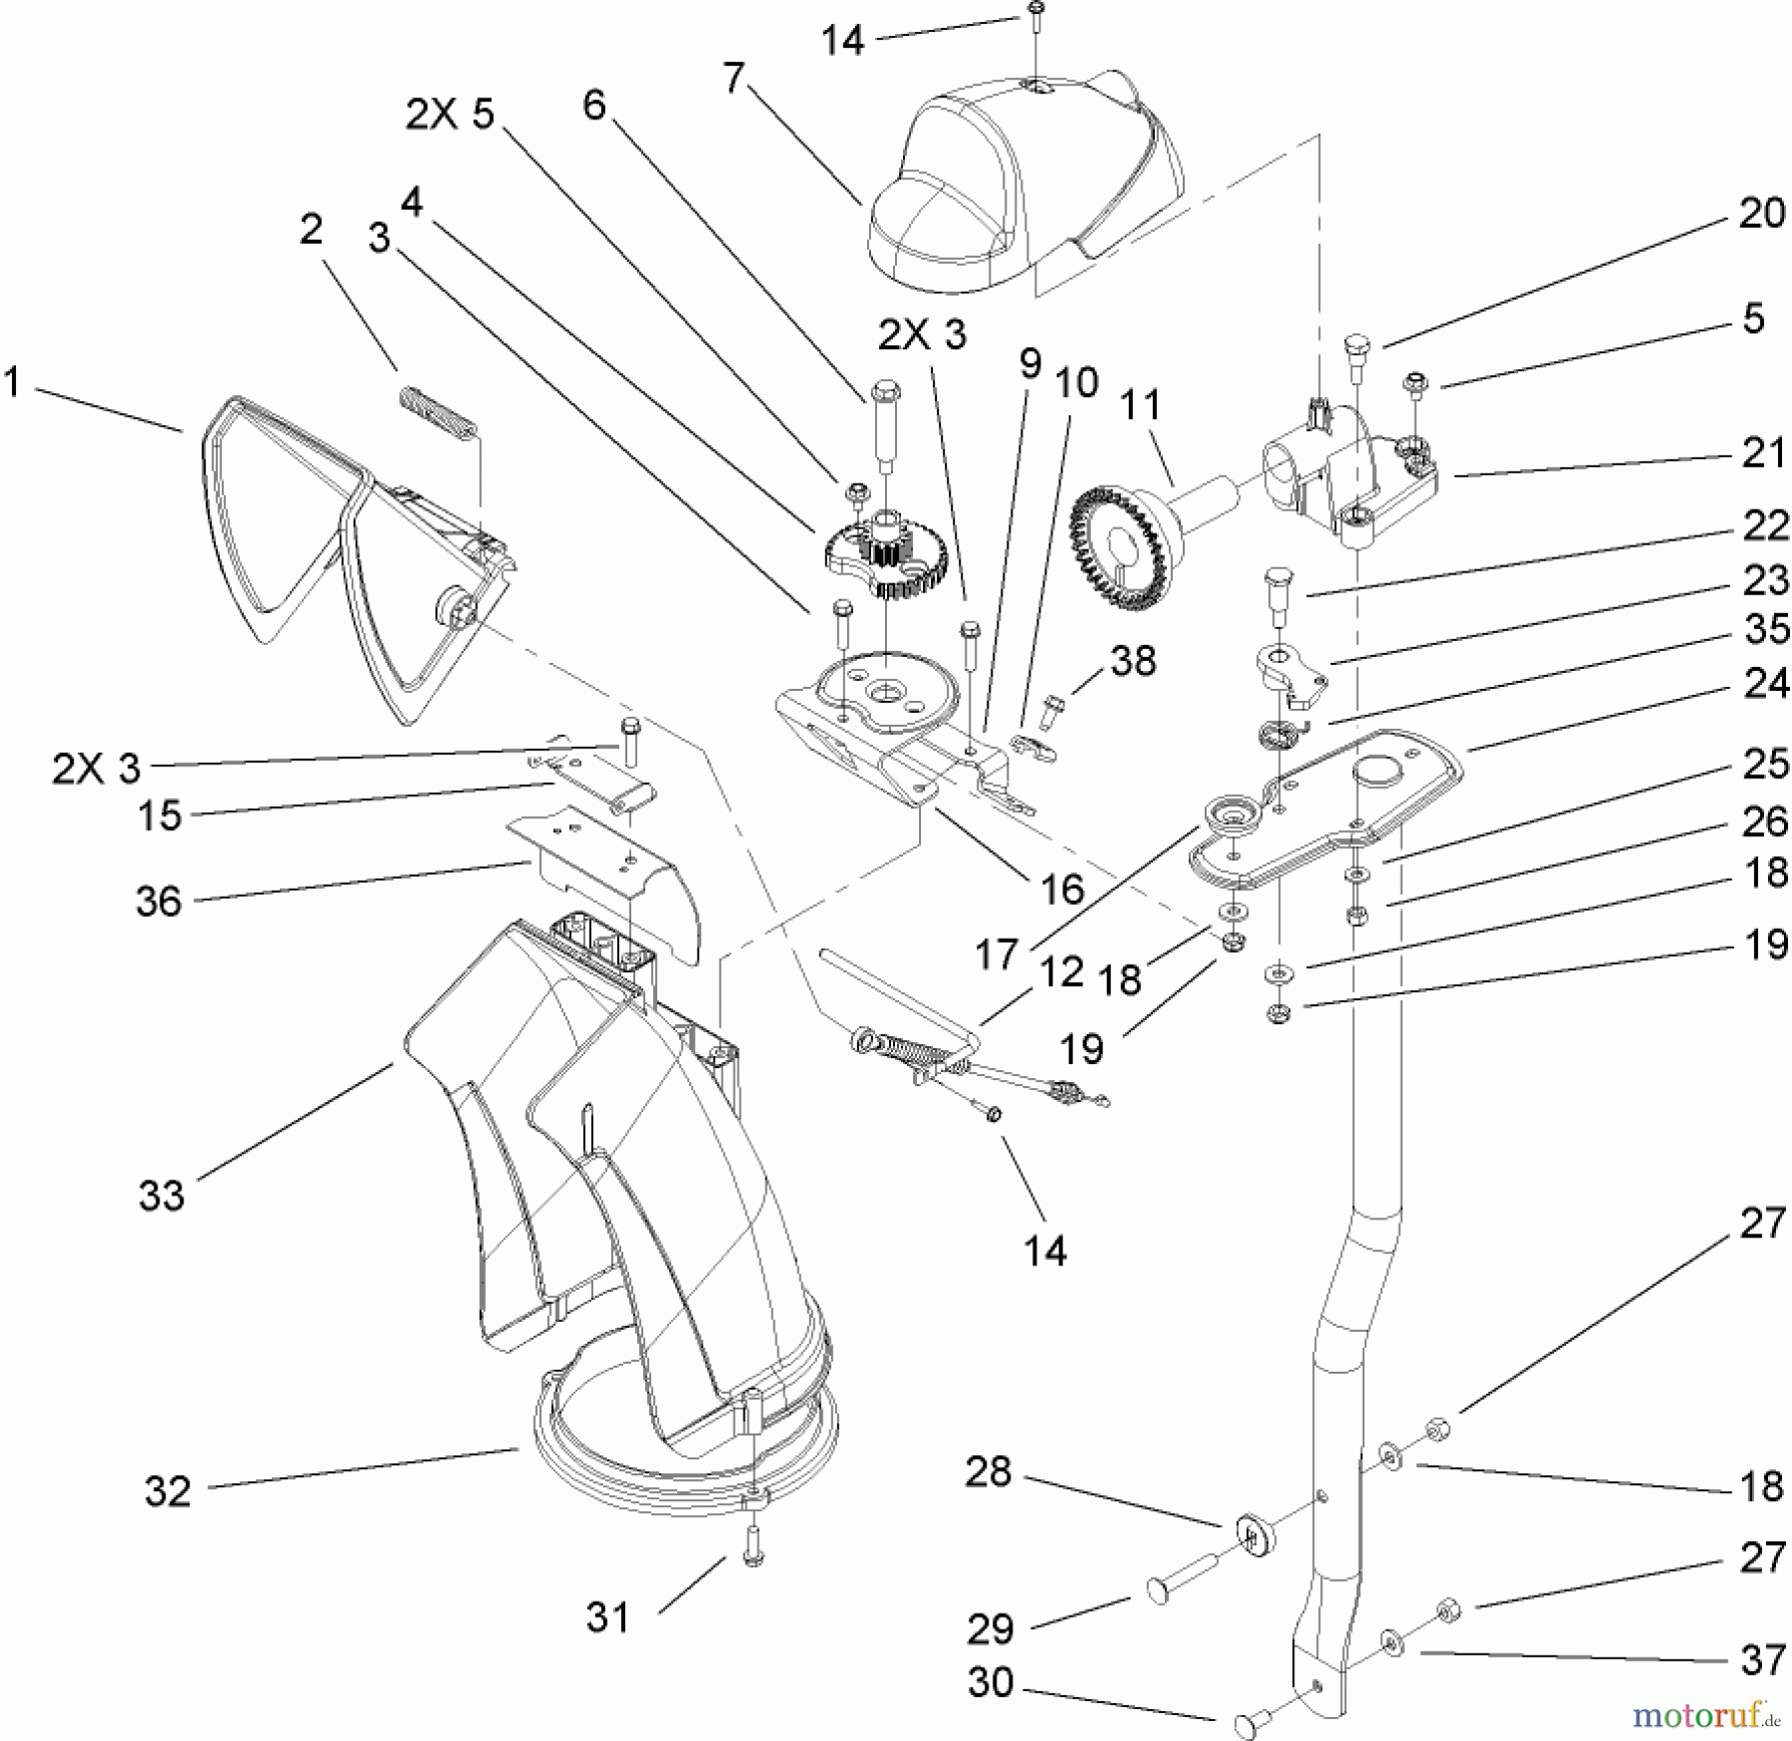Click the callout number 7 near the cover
point(734,78)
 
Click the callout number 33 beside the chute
point(161,1196)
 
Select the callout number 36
point(158,902)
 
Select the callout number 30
point(990,1683)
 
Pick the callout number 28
point(988,1472)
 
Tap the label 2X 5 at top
point(449,114)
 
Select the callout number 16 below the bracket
point(1061,889)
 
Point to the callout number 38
point(1133,661)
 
